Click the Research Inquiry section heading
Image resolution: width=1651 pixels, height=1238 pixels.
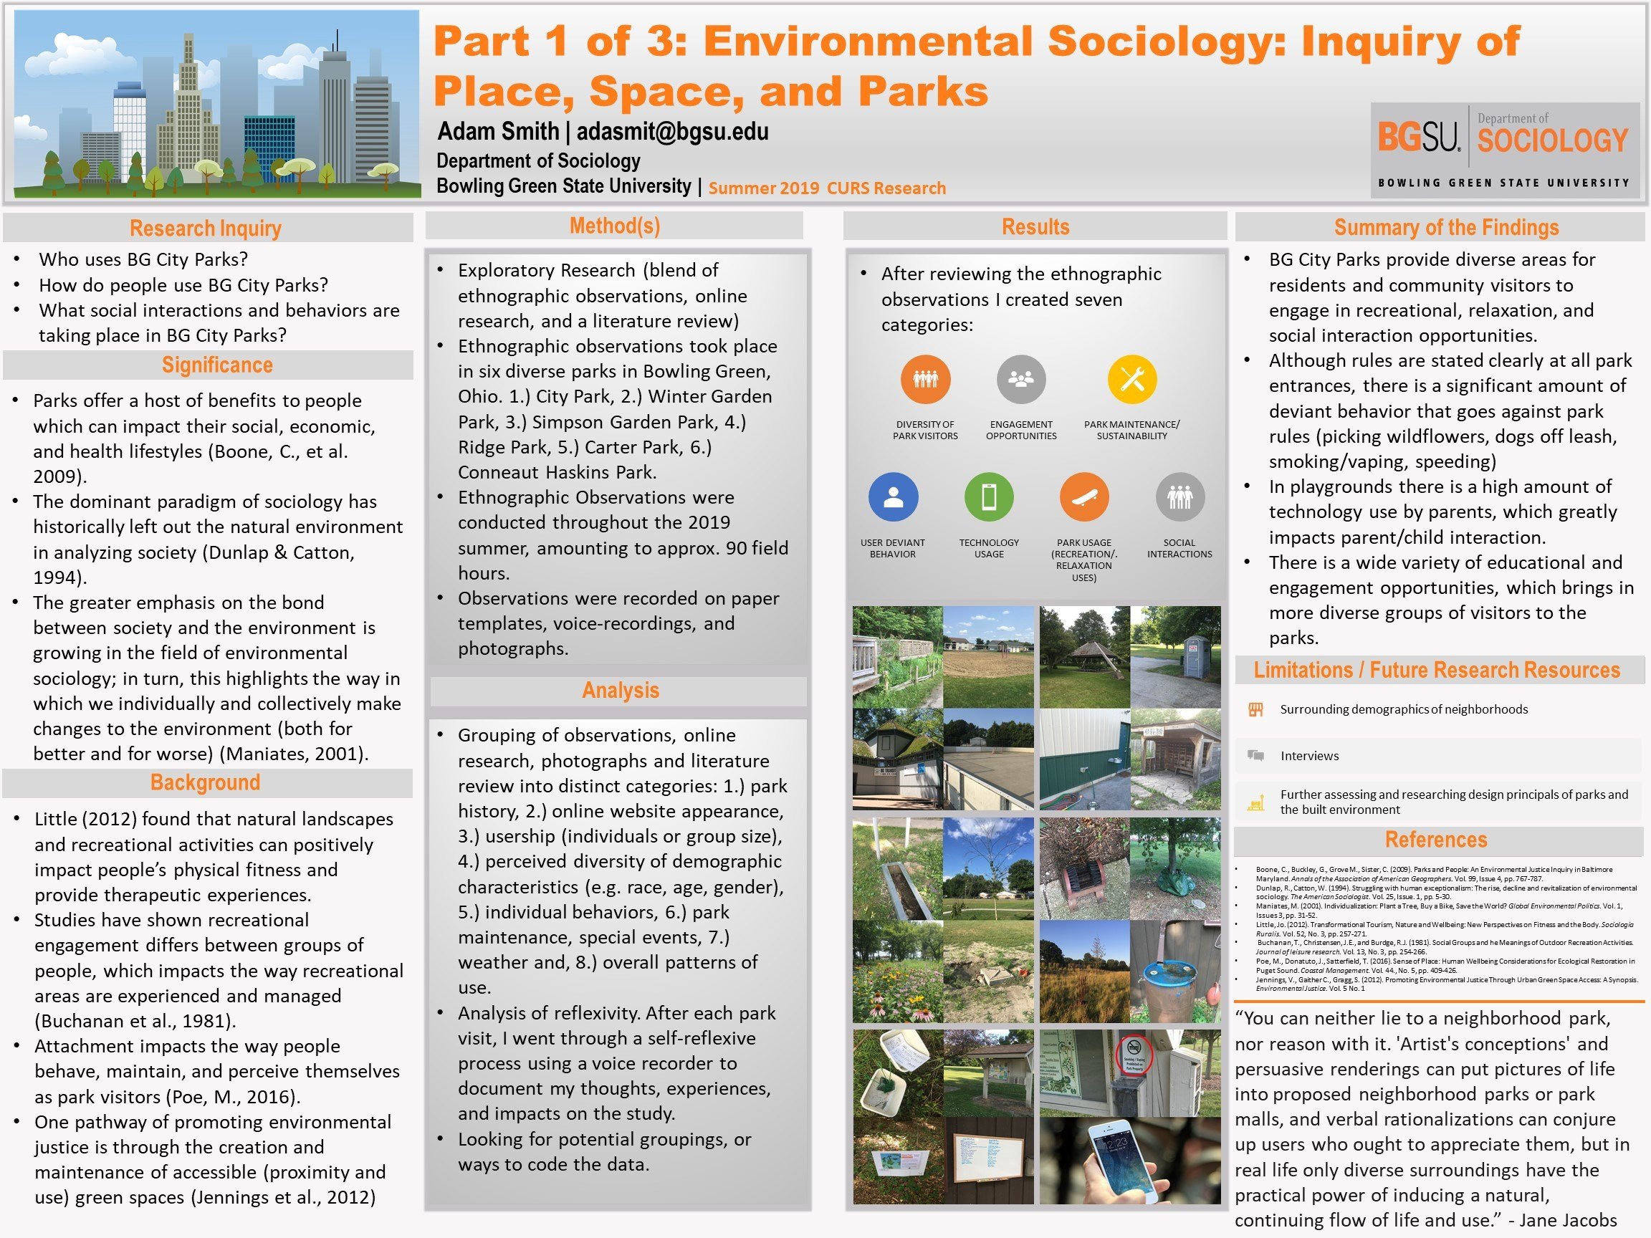[x=205, y=229]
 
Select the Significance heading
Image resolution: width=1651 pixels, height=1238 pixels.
[x=217, y=365]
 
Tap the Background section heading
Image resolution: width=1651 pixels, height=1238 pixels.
[x=205, y=782]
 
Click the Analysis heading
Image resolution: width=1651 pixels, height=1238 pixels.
[x=621, y=690]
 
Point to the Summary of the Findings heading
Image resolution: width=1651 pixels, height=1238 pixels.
[x=1446, y=227]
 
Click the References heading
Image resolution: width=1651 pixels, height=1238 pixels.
[x=1435, y=840]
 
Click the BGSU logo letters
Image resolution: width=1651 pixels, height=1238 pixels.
[x=1417, y=138]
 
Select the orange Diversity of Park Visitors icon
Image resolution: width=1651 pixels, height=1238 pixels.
[x=925, y=379]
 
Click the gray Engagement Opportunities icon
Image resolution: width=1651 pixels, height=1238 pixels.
[x=1020, y=379]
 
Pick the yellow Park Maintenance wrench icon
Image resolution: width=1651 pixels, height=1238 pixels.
[x=1131, y=379]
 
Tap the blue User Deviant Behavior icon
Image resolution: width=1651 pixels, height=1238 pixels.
[x=893, y=497]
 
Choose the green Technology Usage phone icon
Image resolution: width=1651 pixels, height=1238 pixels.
[x=988, y=497]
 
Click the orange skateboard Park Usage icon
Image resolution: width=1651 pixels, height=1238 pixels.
[x=1083, y=497]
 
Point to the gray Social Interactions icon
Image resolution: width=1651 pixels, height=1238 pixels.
[x=1179, y=497]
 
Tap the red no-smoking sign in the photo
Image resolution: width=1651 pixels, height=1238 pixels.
[x=1134, y=1057]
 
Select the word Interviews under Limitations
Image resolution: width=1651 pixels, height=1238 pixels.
[x=1309, y=756]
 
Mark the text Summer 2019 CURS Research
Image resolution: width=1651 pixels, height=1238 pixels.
[x=826, y=188]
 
